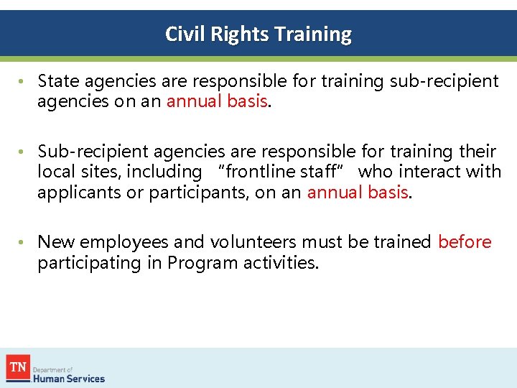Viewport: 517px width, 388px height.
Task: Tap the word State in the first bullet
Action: point(59,81)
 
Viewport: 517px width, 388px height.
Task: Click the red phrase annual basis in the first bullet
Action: point(218,102)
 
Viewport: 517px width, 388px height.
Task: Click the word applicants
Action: point(76,193)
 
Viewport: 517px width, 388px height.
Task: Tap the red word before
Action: point(465,242)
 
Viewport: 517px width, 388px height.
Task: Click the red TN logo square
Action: point(17,368)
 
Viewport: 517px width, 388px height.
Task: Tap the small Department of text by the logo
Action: point(53,369)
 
